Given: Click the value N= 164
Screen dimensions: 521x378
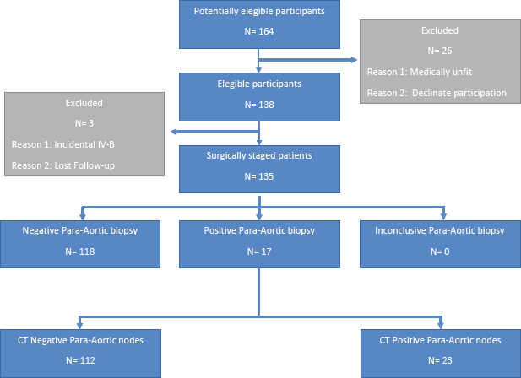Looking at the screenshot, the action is coord(259,31).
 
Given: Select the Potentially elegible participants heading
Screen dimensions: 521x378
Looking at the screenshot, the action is coord(259,11).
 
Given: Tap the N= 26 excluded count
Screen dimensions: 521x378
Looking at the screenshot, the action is coord(440,51).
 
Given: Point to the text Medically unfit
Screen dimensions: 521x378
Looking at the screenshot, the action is coord(441,72).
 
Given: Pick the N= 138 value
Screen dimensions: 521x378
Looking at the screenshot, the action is coord(259,105).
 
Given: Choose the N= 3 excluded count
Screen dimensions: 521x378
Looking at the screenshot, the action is coord(84,123).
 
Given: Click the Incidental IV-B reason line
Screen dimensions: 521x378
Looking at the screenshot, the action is coord(63,144).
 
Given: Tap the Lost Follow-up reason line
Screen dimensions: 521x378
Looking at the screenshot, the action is coord(63,165).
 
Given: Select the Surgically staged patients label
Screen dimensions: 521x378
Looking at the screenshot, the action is coord(259,155).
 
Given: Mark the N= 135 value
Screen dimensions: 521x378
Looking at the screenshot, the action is coord(259,176).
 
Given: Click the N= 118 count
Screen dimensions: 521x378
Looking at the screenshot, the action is coord(79,251).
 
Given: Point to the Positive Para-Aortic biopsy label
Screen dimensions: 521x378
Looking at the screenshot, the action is coord(259,230).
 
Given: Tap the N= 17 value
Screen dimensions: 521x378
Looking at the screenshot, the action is coord(259,251).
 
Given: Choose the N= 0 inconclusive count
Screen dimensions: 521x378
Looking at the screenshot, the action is coord(440,251).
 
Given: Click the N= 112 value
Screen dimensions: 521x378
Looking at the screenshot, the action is coord(80,360).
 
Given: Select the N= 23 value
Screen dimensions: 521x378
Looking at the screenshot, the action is coord(440,360).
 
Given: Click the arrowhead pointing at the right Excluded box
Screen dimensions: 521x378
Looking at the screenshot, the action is coord(354,60).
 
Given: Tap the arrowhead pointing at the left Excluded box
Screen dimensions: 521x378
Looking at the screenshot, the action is coord(174,132).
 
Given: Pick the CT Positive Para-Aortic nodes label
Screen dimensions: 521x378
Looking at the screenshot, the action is coord(440,340).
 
